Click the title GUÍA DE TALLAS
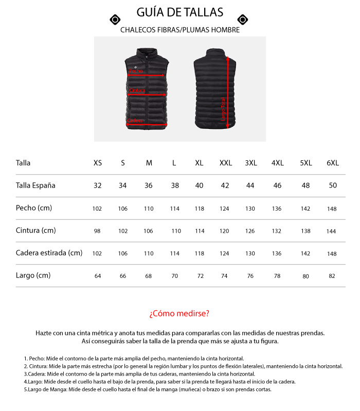point(180,12)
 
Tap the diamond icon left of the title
point(115,20)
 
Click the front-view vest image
point(148,88)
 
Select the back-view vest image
point(215,88)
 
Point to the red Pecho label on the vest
point(136,71)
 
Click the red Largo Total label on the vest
point(223,109)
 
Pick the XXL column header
point(226,163)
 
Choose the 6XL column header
point(333,163)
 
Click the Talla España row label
point(35,185)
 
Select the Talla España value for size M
point(149,185)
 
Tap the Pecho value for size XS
point(97,209)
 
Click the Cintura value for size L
point(176,231)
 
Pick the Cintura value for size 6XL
point(332,231)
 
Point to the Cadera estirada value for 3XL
point(250,254)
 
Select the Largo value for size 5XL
point(306,276)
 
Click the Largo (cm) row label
point(33,275)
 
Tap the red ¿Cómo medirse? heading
point(179,313)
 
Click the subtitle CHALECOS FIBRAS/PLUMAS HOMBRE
point(180,30)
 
